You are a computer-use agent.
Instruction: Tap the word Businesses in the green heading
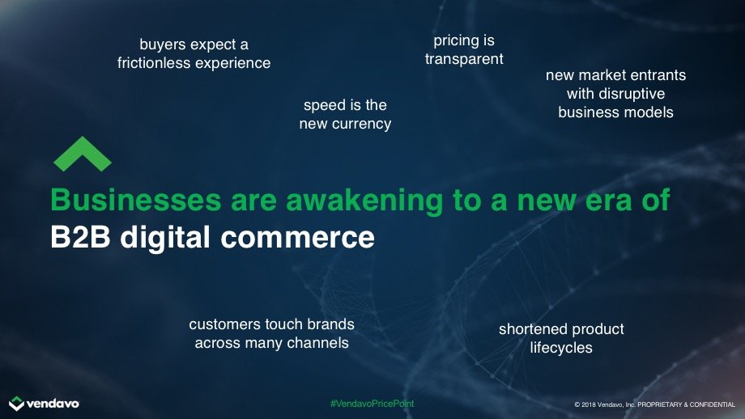click(136, 200)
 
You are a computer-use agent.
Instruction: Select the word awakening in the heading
click(364, 201)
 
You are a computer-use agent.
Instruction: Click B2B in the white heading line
click(80, 237)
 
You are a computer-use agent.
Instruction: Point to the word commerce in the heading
click(297, 237)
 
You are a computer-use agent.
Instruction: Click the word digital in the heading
click(165, 237)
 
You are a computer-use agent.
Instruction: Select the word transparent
click(464, 59)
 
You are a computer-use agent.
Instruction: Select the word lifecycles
click(561, 348)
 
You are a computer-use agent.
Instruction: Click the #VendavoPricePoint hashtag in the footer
click(372, 404)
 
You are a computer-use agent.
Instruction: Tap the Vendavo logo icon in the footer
click(17, 404)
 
